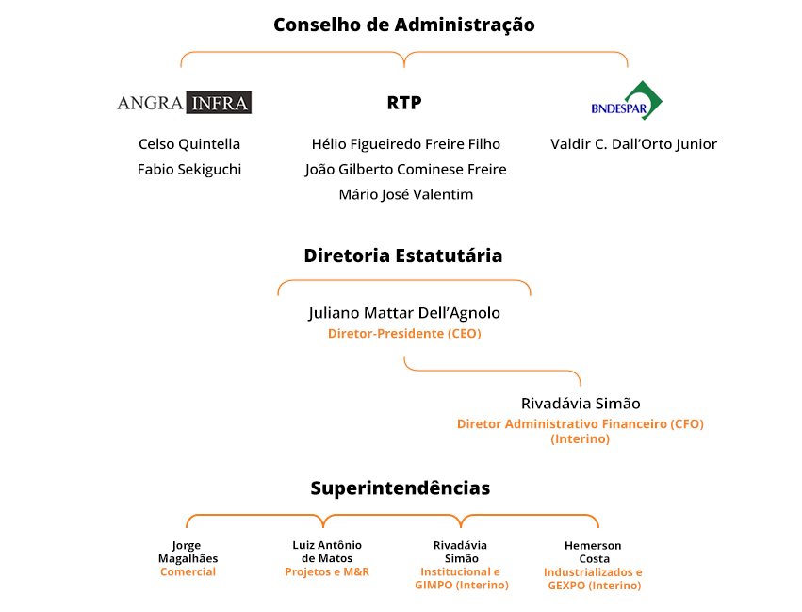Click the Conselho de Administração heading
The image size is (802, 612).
click(404, 25)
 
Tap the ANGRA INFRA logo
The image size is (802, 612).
click(184, 103)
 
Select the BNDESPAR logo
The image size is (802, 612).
click(627, 100)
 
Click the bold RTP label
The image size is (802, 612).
click(404, 103)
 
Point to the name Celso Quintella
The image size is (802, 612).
click(189, 144)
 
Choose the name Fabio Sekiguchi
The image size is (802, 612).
click(189, 170)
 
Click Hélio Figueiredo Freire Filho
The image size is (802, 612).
click(406, 144)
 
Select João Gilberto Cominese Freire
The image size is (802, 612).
click(405, 170)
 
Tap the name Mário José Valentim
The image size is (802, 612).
click(406, 194)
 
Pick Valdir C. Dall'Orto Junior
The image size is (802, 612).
click(633, 144)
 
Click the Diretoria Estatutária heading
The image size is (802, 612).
click(403, 256)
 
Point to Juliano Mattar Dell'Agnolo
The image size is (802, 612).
click(404, 313)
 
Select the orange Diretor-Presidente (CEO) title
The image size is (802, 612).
click(404, 334)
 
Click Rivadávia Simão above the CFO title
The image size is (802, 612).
click(581, 404)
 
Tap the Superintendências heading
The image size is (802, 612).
click(401, 488)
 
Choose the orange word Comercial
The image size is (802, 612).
click(188, 572)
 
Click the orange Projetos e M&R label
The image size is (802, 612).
click(327, 572)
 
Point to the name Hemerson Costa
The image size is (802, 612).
click(594, 553)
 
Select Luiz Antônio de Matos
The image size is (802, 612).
click(327, 552)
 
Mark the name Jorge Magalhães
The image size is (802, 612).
click(188, 553)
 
